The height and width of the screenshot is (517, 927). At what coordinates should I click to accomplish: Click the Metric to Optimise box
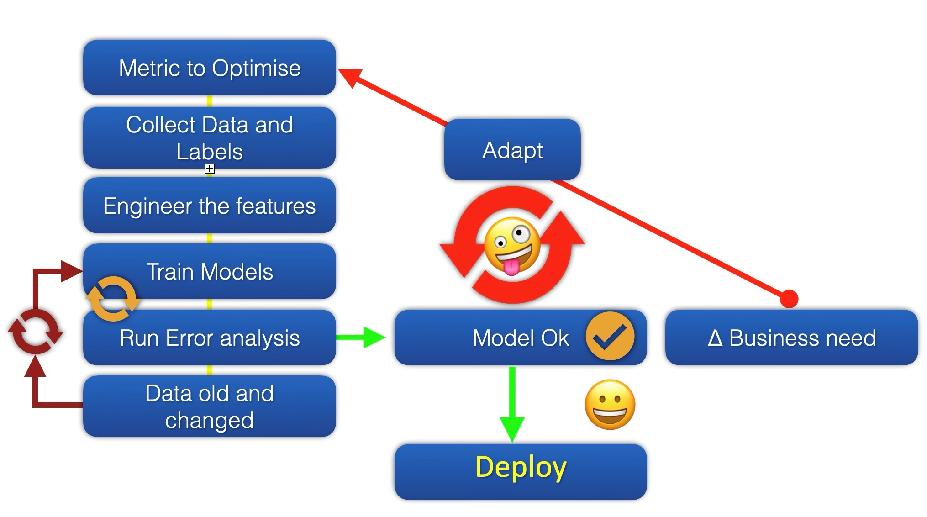pyautogui.click(x=210, y=68)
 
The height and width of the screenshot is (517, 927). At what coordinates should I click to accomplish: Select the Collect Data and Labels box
pyautogui.click(x=210, y=137)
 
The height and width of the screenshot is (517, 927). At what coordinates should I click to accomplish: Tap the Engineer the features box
pyautogui.click(x=210, y=206)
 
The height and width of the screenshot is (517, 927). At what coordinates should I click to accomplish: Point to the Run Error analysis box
pyautogui.click(x=210, y=338)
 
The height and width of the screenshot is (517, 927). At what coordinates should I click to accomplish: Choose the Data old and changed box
pyautogui.click(x=210, y=406)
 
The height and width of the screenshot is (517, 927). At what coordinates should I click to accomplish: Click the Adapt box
pyautogui.click(x=512, y=150)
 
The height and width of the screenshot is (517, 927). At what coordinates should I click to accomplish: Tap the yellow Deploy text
pyautogui.click(x=521, y=467)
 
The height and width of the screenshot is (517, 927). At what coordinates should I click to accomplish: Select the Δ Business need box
pyautogui.click(x=791, y=338)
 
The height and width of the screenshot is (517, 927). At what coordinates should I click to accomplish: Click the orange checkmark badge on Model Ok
pyautogui.click(x=610, y=336)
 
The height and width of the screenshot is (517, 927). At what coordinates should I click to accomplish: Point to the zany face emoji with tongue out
pyautogui.click(x=512, y=246)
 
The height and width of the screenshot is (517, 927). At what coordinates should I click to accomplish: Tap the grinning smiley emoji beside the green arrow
pyautogui.click(x=610, y=405)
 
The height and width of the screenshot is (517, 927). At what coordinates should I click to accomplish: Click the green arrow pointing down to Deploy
pyautogui.click(x=512, y=404)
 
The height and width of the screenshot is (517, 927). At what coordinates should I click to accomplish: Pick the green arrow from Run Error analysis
pyautogui.click(x=361, y=338)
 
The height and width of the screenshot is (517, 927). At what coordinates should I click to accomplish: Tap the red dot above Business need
pyautogui.click(x=789, y=299)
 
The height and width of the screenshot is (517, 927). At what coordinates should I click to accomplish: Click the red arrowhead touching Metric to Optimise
pyautogui.click(x=349, y=77)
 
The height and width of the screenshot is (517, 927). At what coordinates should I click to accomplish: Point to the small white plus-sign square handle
pyautogui.click(x=210, y=169)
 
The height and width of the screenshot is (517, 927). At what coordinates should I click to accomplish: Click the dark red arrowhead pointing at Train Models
pyautogui.click(x=72, y=271)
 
